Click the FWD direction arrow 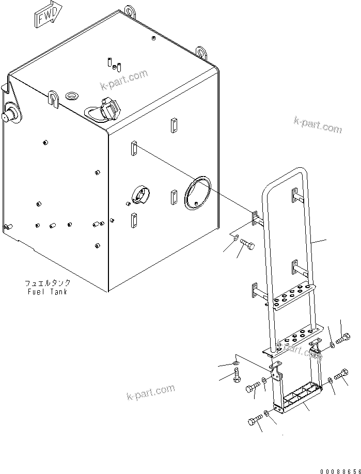click(x=48, y=15)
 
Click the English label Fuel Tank click(x=48, y=292)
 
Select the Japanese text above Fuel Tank click(x=48, y=283)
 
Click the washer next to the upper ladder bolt click(x=235, y=238)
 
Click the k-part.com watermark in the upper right click(x=318, y=124)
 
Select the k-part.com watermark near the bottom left click(x=150, y=392)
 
